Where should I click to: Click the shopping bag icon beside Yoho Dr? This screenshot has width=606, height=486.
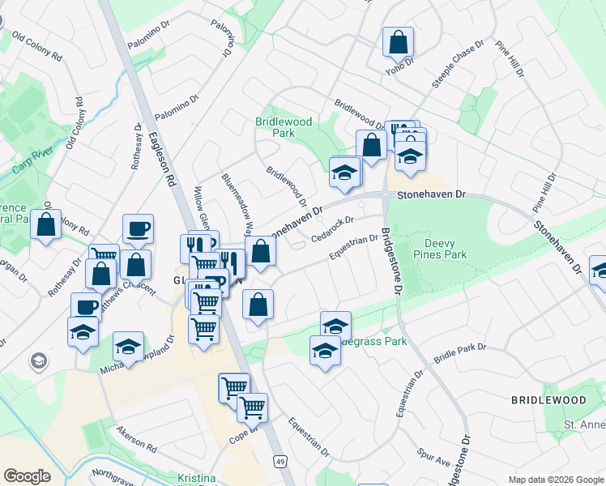point(398,42)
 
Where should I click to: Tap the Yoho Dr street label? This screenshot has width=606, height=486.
point(400,64)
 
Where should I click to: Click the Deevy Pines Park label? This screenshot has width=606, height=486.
point(446,249)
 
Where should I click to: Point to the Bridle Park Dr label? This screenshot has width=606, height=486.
point(459,352)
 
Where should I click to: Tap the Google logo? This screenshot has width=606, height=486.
point(28,476)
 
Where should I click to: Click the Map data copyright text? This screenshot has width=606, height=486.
point(556,480)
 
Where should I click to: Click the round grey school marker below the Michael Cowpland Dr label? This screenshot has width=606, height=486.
point(38,360)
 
